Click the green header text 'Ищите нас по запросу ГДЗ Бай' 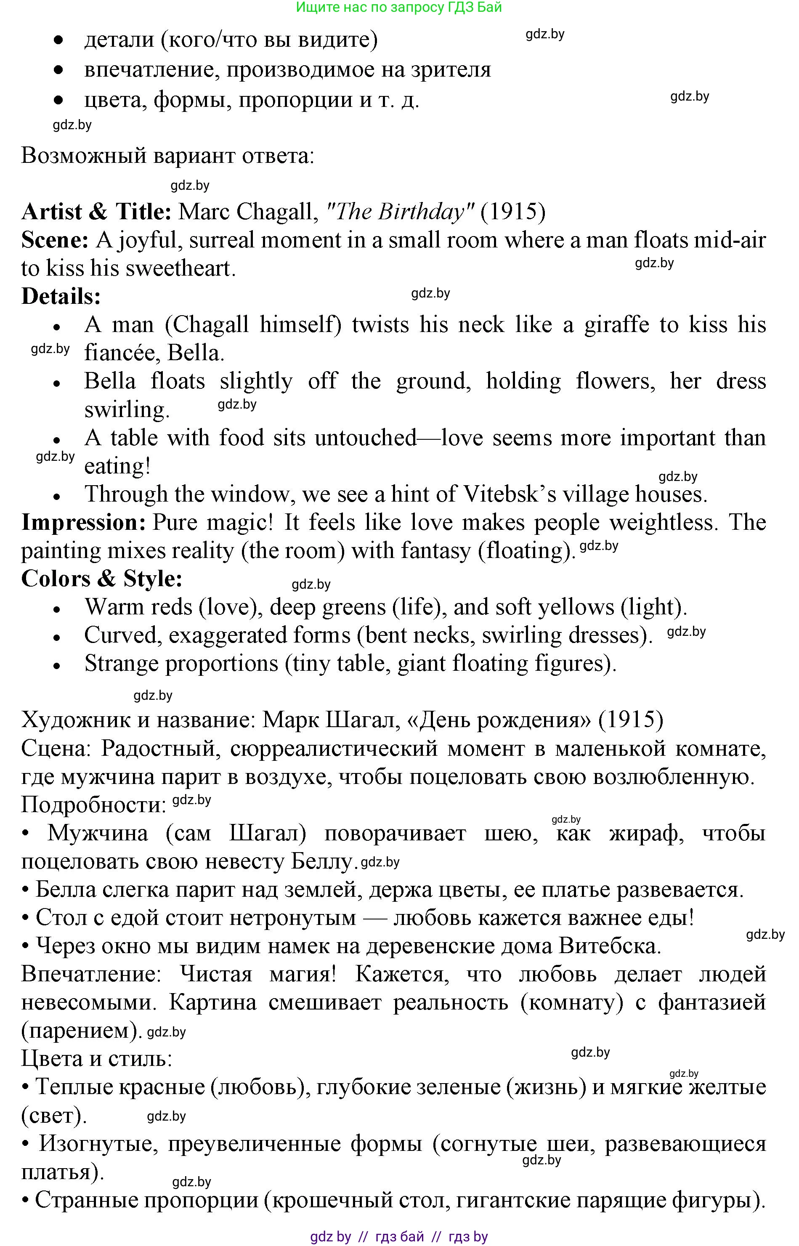pyautogui.click(x=398, y=7)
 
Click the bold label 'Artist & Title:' pyautogui.click(x=96, y=212)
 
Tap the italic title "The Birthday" pyautogui.click(x=400, y=212)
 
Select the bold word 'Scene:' pyautogui.click(x=55, y=240)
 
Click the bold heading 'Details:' pyautogui.click(x=61, y=297)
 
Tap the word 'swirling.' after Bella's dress pyautogui.click(x=127, y=410)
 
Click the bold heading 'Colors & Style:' pyautogui.click(x=102, y=579)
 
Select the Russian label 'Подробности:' pyautogui.click(x=93, y=805)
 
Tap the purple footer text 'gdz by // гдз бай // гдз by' pyautogui.click(x=398, y=1237)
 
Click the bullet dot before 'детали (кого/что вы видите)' pyautogui.click(x=58, y=40)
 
